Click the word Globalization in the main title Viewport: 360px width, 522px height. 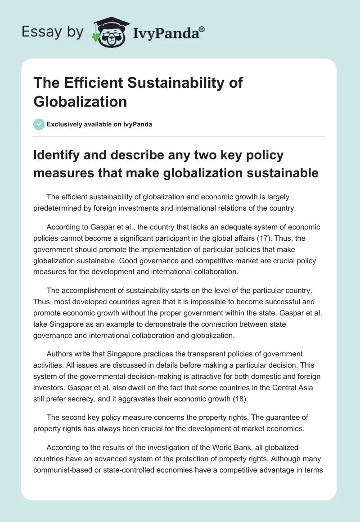[x=80, y=101]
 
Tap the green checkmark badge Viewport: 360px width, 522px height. [x=39, y=124]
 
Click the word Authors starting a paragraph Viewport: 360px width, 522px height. [x=61, y=354]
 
